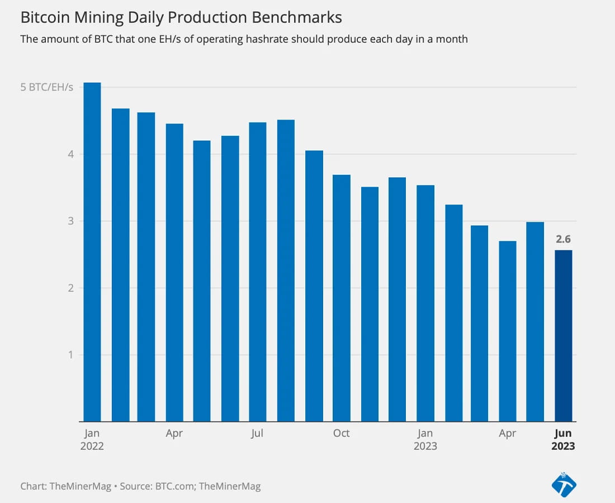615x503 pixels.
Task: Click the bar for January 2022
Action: click(92, 251)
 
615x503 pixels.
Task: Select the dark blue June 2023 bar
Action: click(563, 335)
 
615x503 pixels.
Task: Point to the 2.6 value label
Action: click(563, 240)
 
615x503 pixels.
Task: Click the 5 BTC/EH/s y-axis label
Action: click(47, 88)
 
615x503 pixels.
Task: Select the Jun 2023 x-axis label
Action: click(563, 440)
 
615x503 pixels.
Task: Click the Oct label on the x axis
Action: click(341, 433)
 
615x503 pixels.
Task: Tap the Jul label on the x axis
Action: click(257, 433)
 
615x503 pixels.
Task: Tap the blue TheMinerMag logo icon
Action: click(564, 484)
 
